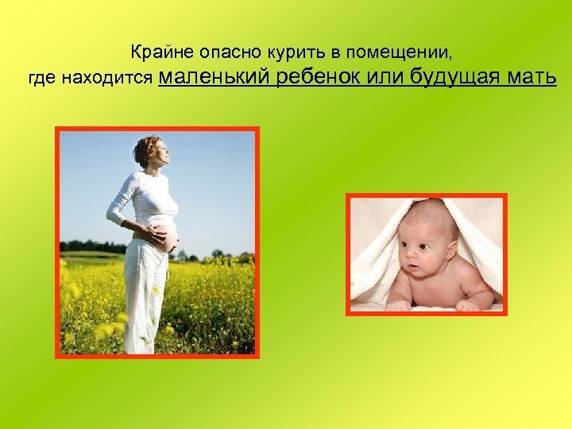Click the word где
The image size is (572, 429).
point(40,79)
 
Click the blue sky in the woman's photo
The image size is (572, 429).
point(214,175)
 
